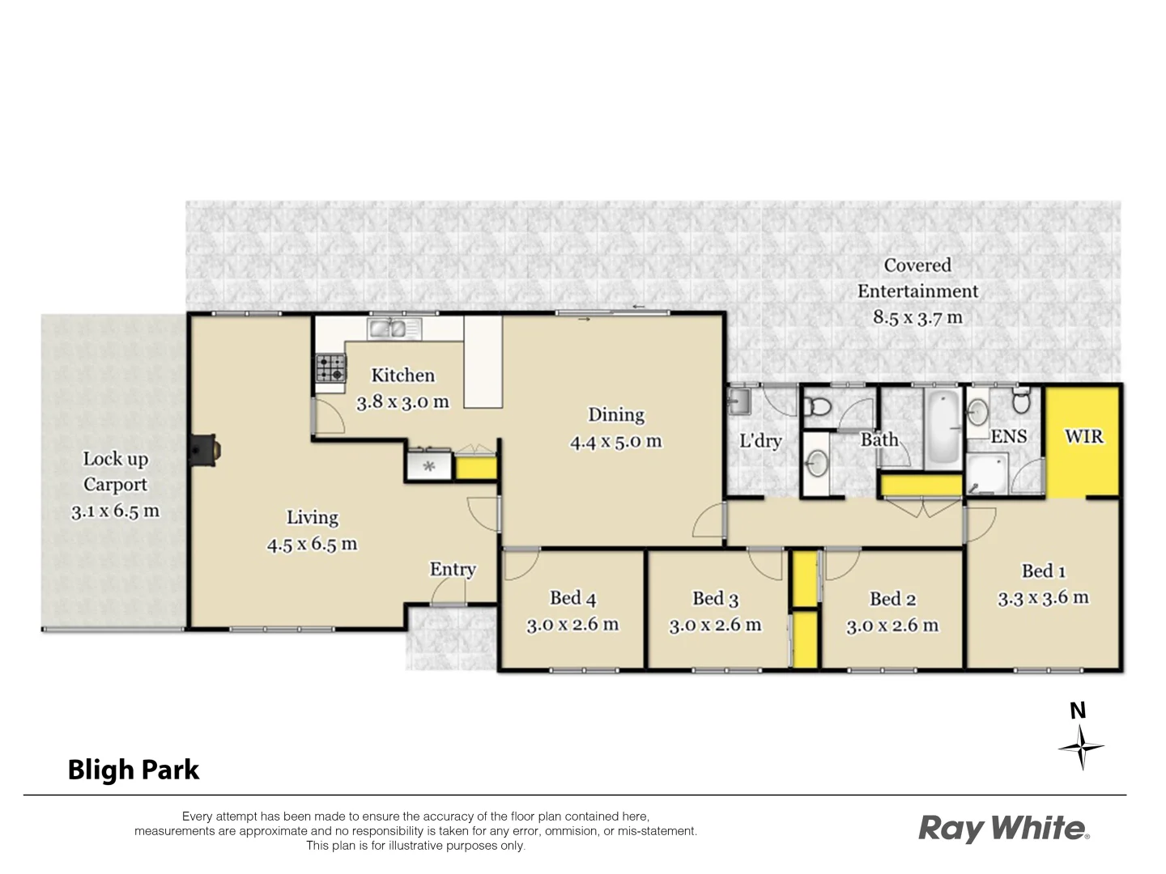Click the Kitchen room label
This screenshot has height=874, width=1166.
[x=402, y=375]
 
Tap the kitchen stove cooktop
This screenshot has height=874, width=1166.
[x=330, y=368]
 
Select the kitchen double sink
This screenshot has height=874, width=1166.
[x=388, y=328]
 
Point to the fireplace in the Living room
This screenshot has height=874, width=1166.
[x=203, y=451]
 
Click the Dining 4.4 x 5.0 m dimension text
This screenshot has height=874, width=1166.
[x=615, y=442]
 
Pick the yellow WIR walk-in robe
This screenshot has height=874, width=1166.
[x=1083, y=441]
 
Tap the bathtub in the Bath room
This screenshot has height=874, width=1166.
[x=943, y=427]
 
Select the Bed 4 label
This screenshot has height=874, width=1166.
[x=572, y=598]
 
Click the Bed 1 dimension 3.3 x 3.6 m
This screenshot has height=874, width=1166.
[x=1043, y=598]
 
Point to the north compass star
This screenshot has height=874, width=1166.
[x=1081, y=747]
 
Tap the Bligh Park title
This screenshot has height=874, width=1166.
[x=134, y=770]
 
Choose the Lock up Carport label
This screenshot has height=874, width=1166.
[x=115, y=472]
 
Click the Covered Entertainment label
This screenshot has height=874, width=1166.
[x=917, y=278]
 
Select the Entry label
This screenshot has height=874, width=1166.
[x=453, y=570]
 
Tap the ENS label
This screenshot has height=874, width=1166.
[x=1008, y=437]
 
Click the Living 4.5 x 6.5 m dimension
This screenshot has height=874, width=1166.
[x=312, y=544]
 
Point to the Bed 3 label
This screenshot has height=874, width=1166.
[x=715, y=599]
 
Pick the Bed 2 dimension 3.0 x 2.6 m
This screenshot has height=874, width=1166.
[x=892, y=626]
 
